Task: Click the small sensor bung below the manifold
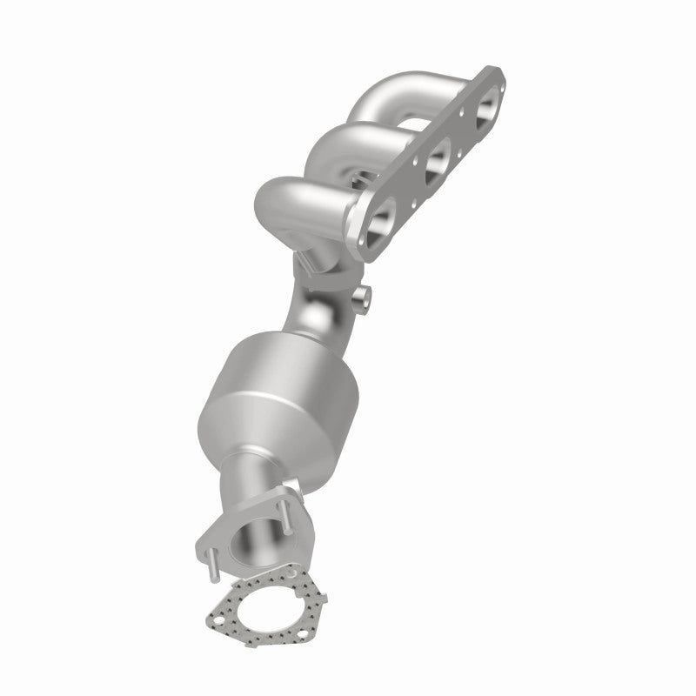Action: (362, 299)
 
